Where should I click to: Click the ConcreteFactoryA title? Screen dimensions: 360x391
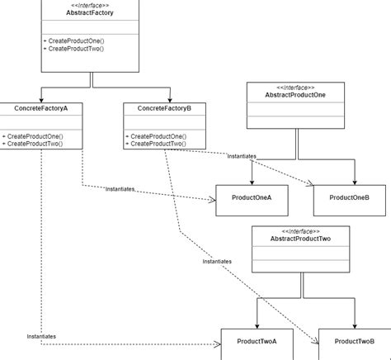(x=40, y=108)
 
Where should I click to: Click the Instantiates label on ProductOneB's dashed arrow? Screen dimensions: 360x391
(x=242, y=155)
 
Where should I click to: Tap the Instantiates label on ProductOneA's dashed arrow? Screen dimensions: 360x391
(x=120, y=189)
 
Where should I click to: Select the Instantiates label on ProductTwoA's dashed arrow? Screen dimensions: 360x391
(x=41, y=336)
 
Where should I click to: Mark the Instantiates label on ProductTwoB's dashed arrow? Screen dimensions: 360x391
(x=218, y=261)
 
